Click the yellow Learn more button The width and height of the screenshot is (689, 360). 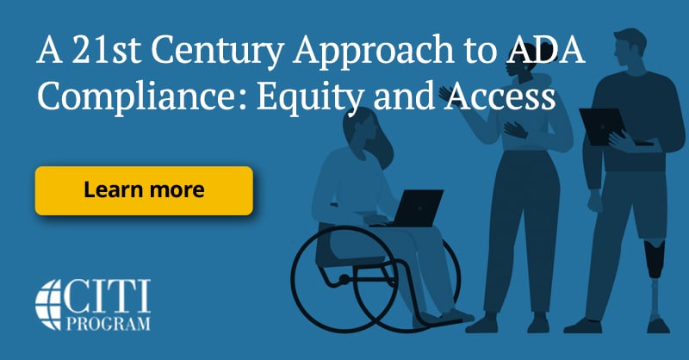144,190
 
